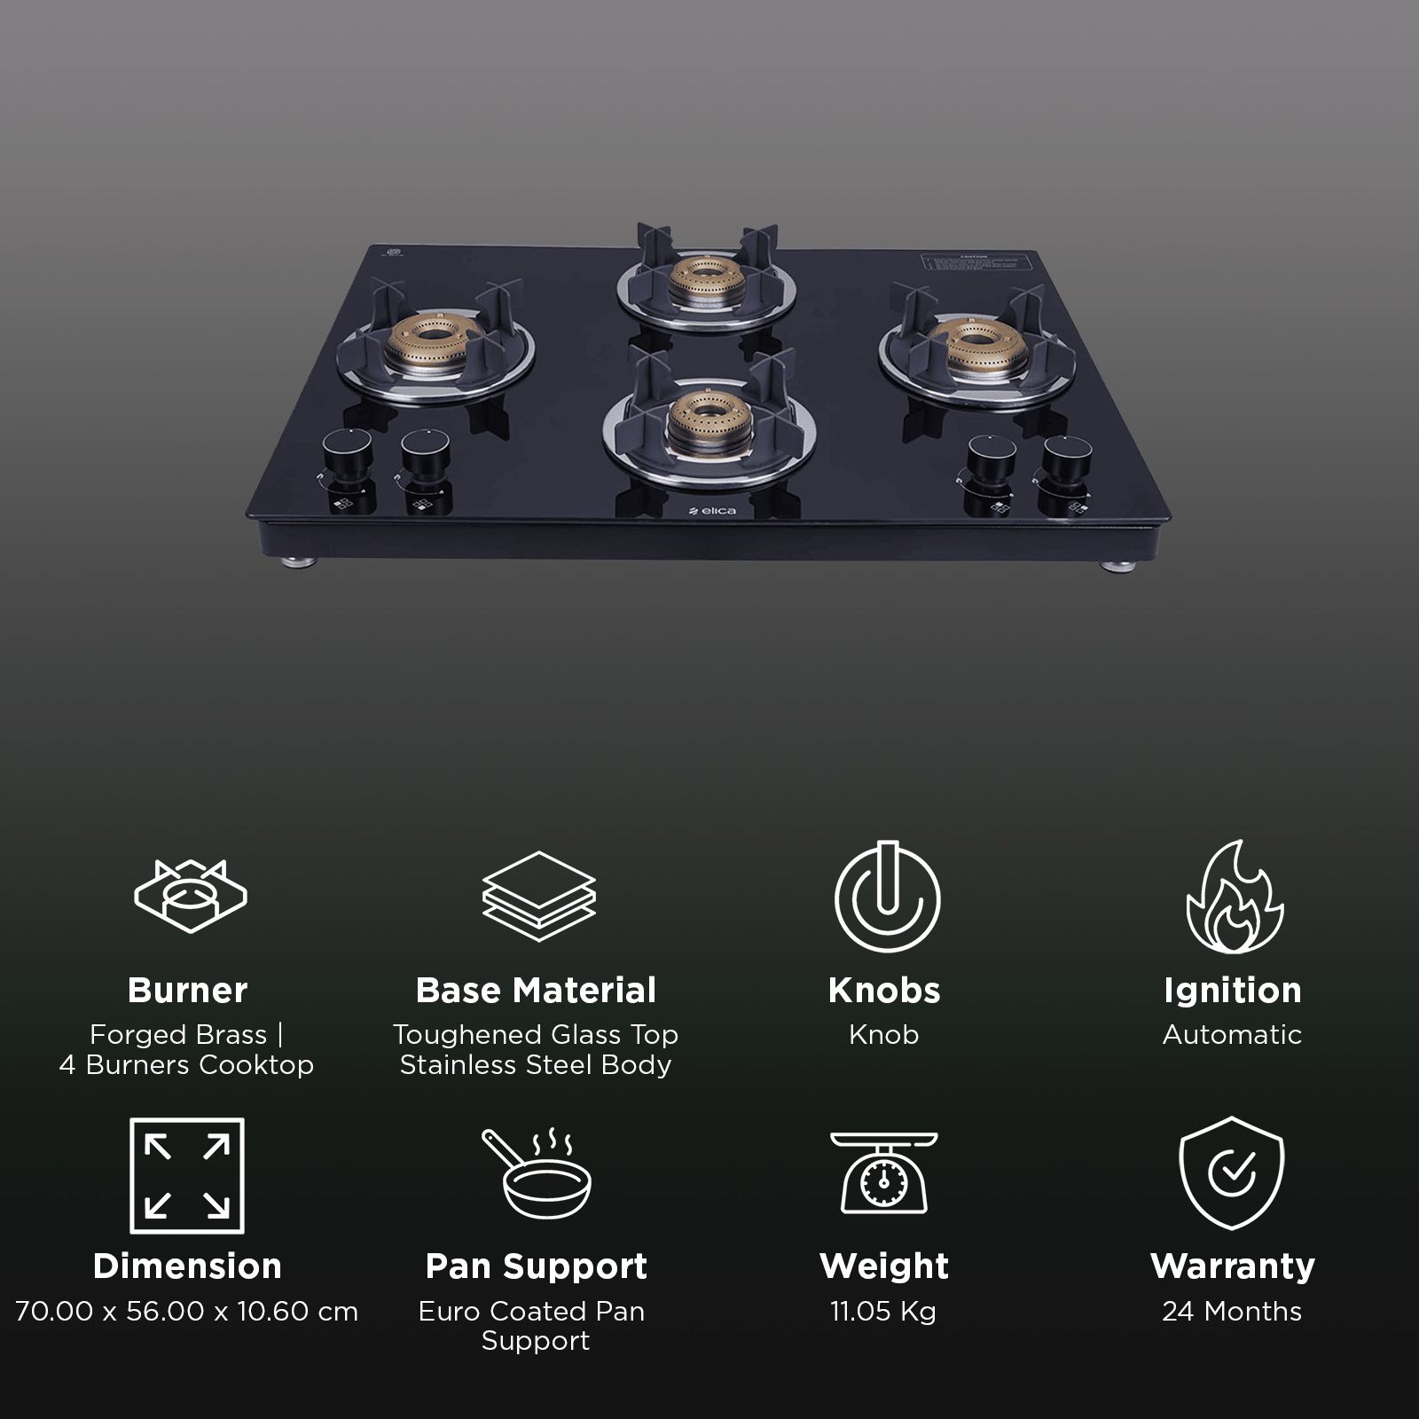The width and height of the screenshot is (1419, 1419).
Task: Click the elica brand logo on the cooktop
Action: pos(712,511)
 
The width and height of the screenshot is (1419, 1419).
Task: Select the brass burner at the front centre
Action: pos(707,418)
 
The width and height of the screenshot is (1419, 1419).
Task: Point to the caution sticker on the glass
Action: pos(976,264)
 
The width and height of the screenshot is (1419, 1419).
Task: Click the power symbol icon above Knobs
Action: pos(885,897)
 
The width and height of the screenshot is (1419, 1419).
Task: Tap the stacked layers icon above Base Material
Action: pos(538,896)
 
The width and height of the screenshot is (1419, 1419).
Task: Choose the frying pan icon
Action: pos(537,1174)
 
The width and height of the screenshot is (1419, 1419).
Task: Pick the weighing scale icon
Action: pos(884,1172)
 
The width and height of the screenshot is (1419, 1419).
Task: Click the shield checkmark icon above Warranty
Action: pos(1232,1172)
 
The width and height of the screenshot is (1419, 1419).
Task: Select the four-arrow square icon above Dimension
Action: pos(187,1175)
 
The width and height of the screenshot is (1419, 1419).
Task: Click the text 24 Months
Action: pos(1232,1311)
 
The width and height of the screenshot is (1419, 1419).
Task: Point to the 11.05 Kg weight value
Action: pos(883,1311)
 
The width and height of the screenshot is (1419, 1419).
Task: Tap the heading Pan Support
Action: pos(537,1266)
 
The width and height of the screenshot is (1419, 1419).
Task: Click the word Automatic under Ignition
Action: pos(1232,1034)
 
